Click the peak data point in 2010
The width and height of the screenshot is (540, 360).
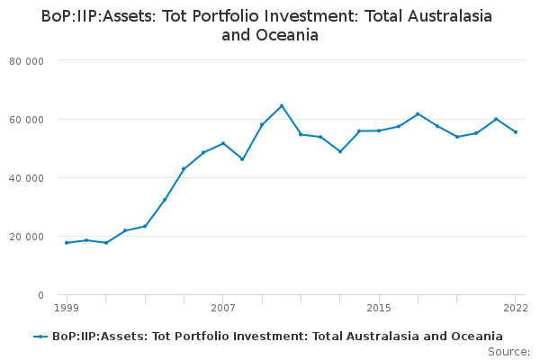pos(282,106)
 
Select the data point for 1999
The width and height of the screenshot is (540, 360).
pos(67,243)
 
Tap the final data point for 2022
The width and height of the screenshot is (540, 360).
pos(516,132)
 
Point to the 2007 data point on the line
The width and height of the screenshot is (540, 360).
pos(223,143)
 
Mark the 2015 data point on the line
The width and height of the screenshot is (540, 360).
pos(379,130)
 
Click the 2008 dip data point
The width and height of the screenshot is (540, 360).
pos(242,159)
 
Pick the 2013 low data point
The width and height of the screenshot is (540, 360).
pos(340,151)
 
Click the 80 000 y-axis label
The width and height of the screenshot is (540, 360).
pos(26,61)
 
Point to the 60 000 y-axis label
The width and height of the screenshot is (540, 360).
pos(26,120)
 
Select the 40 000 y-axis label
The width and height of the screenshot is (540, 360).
pos(26,178)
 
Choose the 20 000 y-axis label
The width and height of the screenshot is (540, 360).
pos(26,237)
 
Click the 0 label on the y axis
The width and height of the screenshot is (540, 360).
pos(41,295)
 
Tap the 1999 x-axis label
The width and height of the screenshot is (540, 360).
pos(67,308)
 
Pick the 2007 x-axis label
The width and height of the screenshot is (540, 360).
pos(223,308)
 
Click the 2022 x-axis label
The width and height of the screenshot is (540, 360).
pos(516,308)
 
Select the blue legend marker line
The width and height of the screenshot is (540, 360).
pos(40,337)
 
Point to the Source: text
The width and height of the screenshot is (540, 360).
pos(508,352)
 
